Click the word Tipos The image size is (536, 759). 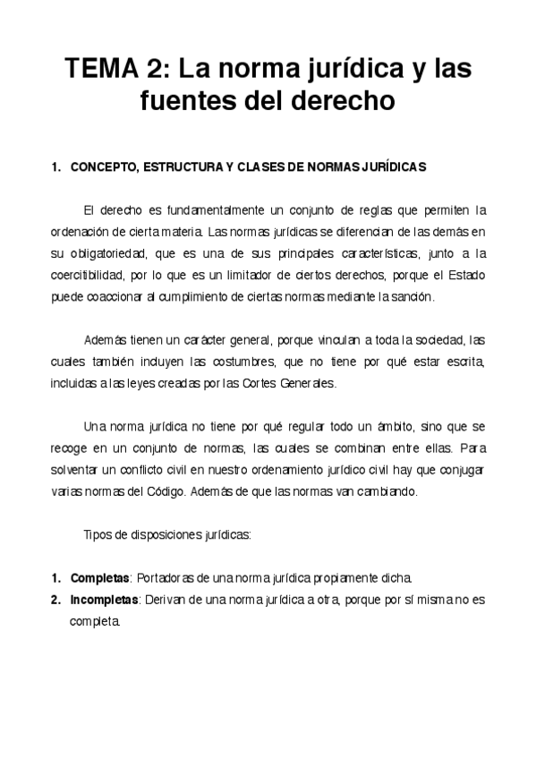tap(98, 534)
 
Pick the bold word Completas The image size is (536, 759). tap(100, 577)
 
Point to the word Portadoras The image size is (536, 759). tap(168, 577)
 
